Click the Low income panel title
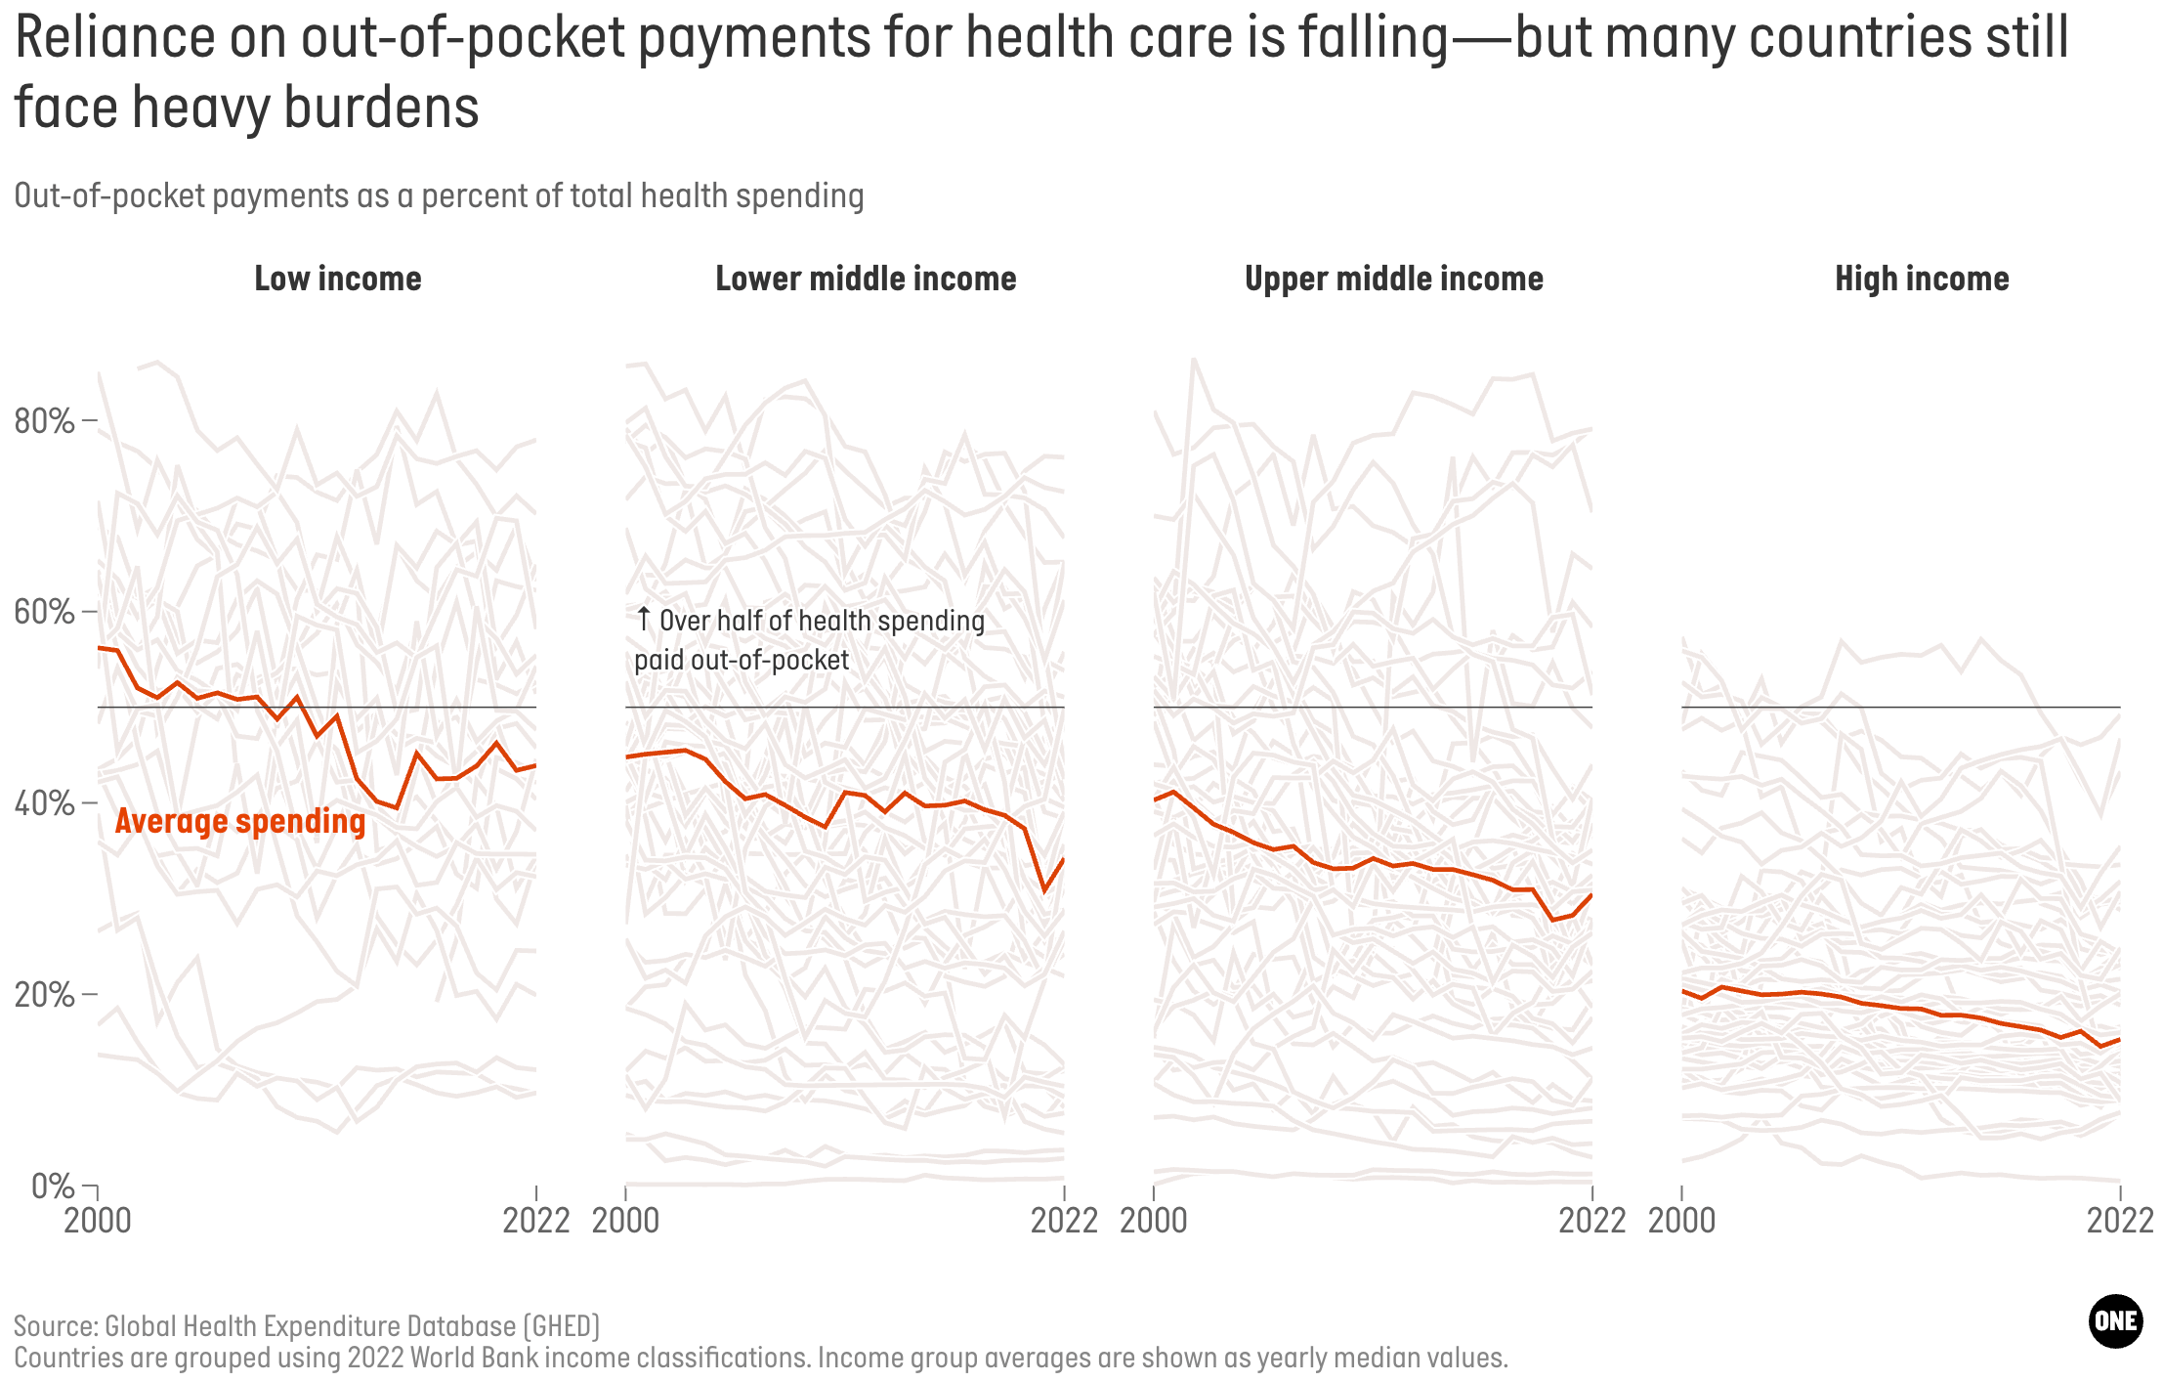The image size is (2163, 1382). click(x=338, y=280)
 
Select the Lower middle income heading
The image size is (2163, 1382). click(x=866, y=280)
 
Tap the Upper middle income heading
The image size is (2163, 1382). click(x=1394, y=280)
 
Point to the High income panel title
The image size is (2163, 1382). click(x=1922, y=280)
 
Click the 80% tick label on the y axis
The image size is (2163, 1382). click(x=45, y=421)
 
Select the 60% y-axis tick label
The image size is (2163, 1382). click(x=45, y=613)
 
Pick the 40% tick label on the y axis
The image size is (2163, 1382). click(x=45, y=803)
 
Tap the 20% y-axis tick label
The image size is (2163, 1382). click(x=45, y=995)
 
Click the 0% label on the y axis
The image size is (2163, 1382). click(x=53, y=1186)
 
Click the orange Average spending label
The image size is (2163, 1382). click(x=240, y=822)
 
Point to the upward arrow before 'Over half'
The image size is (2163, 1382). click(x=643, y=620)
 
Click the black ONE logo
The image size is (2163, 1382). click(x=2115, y=1321)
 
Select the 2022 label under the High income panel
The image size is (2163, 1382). click(x=2120, y=1221)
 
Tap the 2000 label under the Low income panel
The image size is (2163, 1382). click(x=98, y=1221)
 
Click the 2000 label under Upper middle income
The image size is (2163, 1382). click(x=1154, y=1221)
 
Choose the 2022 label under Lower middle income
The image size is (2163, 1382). click(x=1064, y=1221)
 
